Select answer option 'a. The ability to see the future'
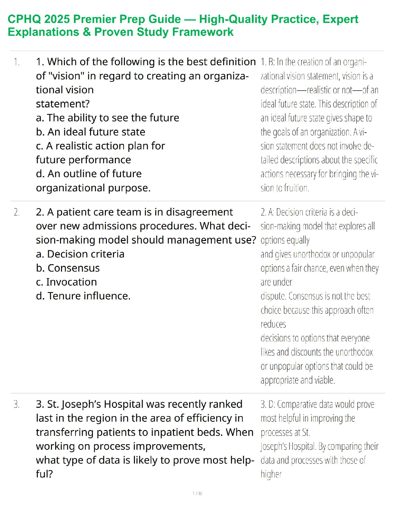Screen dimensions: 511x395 click(107, 118)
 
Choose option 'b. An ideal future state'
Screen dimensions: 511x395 click(91, 132)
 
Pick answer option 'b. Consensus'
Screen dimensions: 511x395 click(68, 268)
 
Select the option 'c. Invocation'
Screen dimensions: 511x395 click(66, 282)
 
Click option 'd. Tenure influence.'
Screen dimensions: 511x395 click(83, 296)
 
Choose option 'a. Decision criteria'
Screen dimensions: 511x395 click(80, 254)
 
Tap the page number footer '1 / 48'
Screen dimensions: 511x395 click(197, 493)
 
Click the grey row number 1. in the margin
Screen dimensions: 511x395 click(17, 62)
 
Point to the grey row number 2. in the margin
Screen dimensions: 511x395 click(17, 212)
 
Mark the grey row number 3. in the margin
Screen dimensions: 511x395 click(17, 404)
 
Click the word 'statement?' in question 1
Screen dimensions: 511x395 click(63, 104)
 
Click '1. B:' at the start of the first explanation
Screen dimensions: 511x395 click(268, 62)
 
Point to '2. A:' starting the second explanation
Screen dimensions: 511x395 click(268, 212)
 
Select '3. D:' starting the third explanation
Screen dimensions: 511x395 click(268, 404)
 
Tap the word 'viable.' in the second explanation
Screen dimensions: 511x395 click(325, 380)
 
